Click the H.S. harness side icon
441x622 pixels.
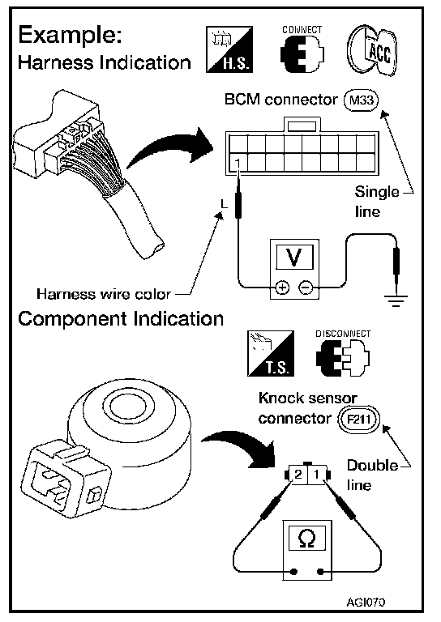229,49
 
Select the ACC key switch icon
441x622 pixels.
372,51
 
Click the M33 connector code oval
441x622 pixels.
361,100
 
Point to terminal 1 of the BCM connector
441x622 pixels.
238,163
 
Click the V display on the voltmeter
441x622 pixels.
293,257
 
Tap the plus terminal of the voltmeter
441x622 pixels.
282,288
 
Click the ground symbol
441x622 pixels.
396,300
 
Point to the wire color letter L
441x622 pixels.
225,204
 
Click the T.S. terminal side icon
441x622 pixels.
271,353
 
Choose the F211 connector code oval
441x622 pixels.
358,420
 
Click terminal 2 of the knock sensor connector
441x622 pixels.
298,475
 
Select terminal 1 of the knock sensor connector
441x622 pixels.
316,475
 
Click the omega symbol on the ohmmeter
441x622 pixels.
307,539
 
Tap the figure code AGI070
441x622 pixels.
366,603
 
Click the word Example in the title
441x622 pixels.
70,36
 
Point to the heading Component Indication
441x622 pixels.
121,318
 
